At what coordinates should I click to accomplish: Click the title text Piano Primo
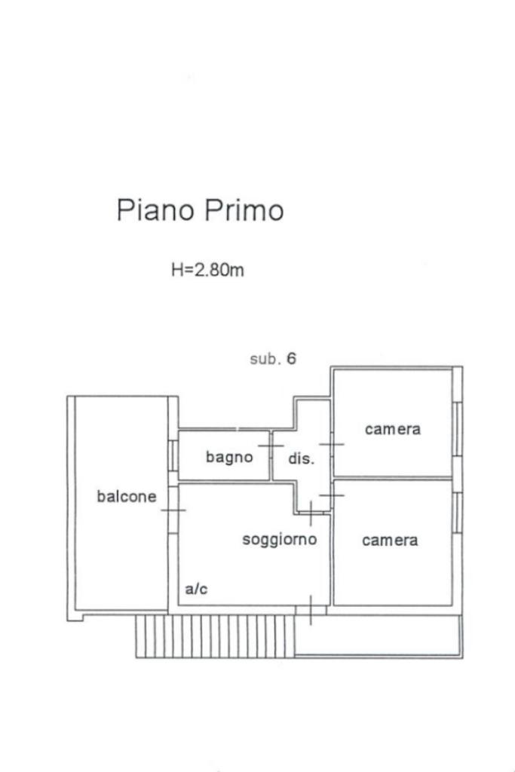click(200, 210)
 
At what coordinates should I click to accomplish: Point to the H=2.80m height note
click(207, 270)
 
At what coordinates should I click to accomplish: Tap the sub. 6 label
click(273, 359)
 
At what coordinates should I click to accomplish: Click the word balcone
click(127, 496)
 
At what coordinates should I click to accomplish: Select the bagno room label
click(229, 457)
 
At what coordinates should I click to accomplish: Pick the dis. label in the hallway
click(301, 458)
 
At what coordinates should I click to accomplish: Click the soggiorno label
click(279, 540)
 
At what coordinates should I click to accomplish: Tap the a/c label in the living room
click(196, 589)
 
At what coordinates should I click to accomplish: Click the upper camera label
click(392, 429)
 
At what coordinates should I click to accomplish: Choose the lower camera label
click(390, 541)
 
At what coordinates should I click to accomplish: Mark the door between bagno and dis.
click(271, 446)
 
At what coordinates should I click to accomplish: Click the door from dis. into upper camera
click(332, 444)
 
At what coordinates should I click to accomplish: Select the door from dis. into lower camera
click(332, 495)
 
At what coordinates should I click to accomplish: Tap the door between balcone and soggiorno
click(173, 510)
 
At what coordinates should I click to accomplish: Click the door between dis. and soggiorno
click(311, 513)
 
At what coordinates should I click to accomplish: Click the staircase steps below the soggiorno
click(215, 636)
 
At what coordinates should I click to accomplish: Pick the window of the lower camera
click(457, 513)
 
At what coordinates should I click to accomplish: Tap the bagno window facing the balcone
click(174, 455)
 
